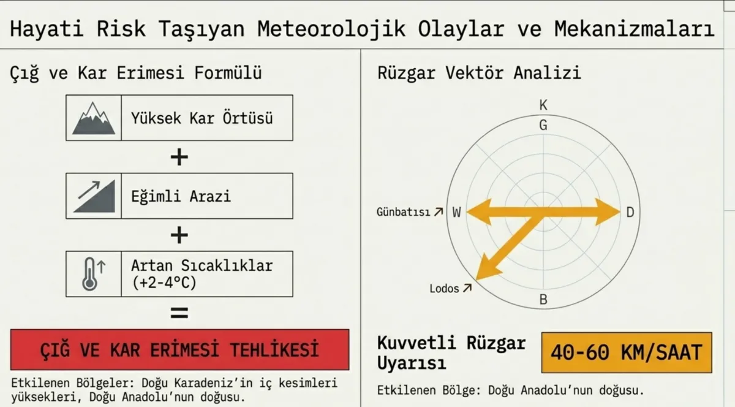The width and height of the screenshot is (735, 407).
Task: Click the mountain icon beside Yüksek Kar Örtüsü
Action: pos(94,118)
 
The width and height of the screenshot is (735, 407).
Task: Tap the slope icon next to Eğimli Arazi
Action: pos(94,196)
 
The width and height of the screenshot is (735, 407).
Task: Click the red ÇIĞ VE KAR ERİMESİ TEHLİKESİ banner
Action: pos(179,349)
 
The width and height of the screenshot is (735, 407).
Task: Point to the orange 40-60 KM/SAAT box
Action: pos(627,352)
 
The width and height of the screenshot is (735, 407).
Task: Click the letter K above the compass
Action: pos(543,105)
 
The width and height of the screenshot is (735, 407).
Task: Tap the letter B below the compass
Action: pos(543,300)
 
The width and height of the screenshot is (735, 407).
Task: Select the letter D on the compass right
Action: pos(630,213)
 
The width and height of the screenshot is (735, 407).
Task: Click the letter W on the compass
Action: pos(456,213)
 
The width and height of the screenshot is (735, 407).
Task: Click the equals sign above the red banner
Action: pos(179,313)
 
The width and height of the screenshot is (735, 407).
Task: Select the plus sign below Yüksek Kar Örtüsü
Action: pos(179,158)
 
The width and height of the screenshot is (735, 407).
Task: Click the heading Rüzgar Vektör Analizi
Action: pos(479,74)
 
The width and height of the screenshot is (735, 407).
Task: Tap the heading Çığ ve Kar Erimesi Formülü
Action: pos(136,74)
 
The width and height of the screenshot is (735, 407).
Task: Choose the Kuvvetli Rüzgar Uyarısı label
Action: pos(451,352)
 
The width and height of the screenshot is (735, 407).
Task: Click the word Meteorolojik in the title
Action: pos(333,29)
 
